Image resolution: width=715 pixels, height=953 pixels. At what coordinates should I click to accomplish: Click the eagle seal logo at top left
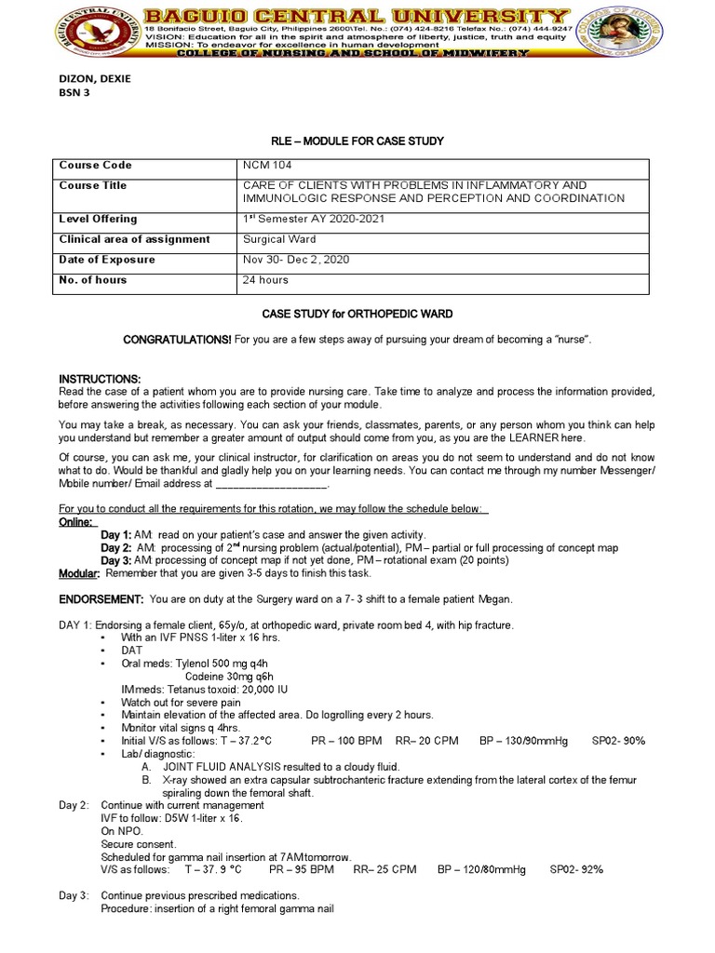(x=92, y=31)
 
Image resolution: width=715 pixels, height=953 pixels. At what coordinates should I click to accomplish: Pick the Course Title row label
(x=93, y=185)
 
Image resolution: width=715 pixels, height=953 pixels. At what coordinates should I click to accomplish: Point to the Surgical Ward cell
(x=278, y=239)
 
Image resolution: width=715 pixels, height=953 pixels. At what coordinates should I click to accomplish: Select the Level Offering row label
(x=98, y=219)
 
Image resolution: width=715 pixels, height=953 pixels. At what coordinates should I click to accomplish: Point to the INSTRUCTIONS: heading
(x=100, y=379)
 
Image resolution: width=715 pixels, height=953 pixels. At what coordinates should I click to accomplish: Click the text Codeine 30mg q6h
(x=229, y=676)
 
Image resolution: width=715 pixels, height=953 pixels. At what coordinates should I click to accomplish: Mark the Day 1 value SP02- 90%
(x=618, y=741)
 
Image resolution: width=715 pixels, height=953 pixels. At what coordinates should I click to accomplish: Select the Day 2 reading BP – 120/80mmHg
(x=481, y=869)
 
